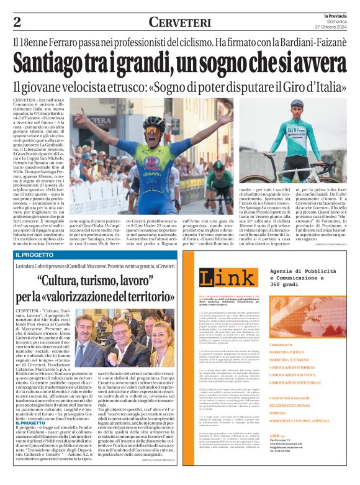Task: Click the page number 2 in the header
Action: click(17, 22)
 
